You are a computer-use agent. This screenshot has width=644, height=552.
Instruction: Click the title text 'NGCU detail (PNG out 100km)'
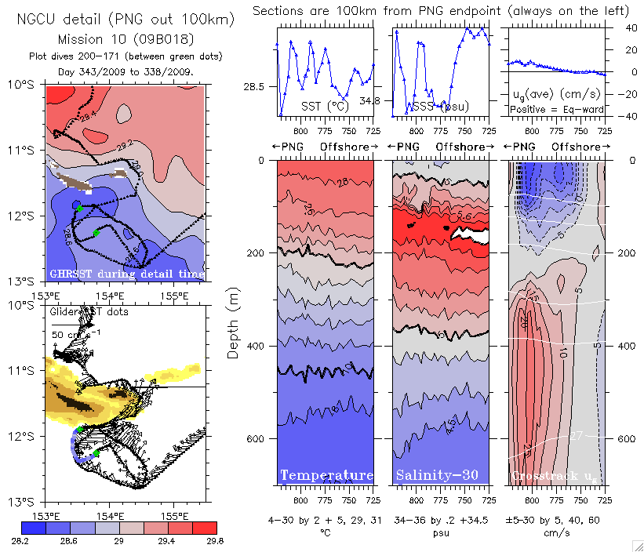126,18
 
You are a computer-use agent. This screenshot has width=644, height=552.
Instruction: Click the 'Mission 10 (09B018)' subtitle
126,38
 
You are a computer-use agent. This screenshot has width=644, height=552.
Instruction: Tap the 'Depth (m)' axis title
233,322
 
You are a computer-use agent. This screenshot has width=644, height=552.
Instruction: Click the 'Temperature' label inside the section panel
326,475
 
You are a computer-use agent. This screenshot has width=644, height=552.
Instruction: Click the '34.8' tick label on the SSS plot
370,101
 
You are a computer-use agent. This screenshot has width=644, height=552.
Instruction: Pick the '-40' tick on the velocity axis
619,116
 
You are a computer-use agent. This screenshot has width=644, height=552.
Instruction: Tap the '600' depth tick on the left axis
257,438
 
